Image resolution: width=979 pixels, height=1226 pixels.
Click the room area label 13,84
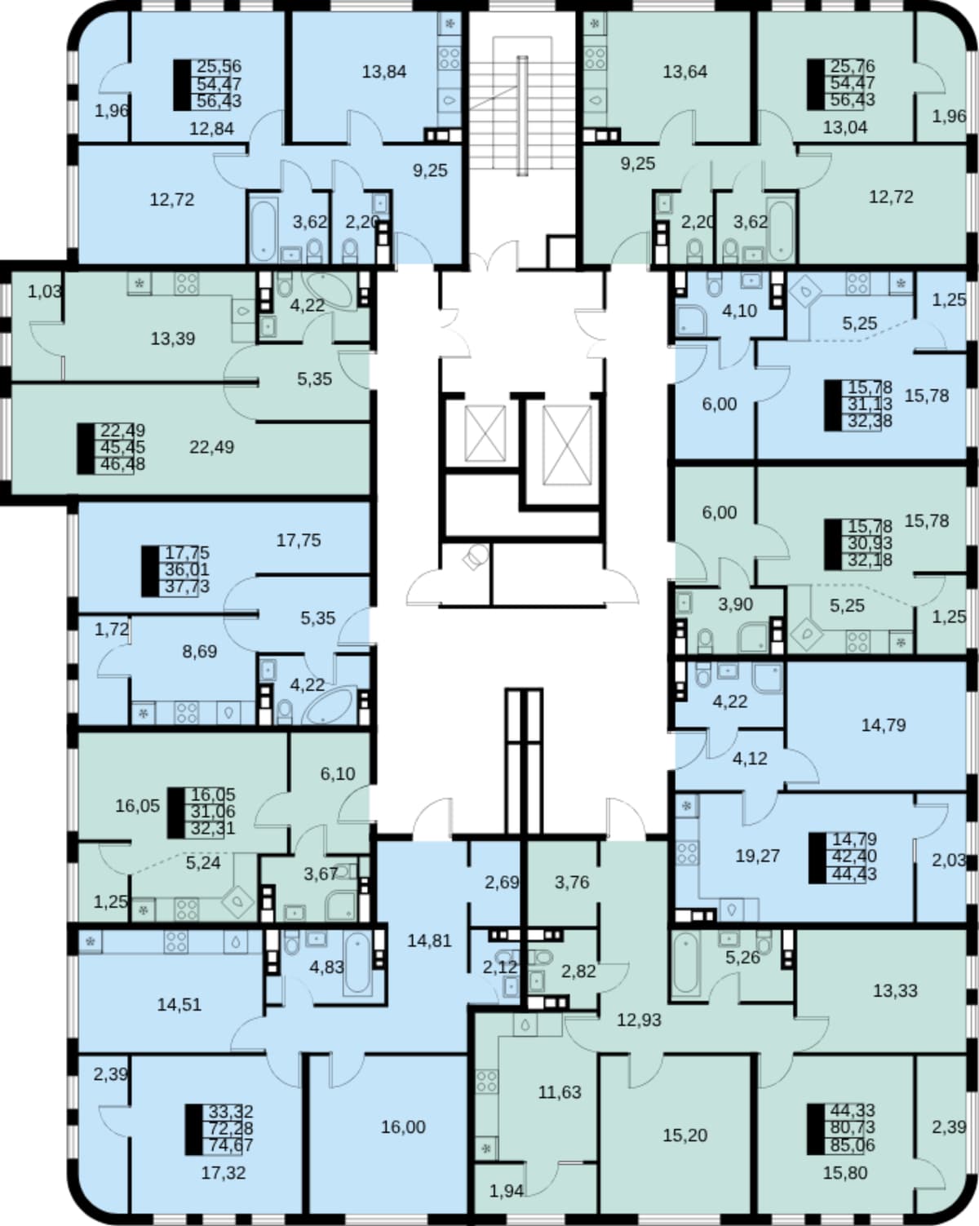[x=384, y=73]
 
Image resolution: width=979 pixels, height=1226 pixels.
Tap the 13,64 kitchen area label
[x=685, y=73]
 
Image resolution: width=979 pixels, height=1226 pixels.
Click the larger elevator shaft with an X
[x=566, y=445]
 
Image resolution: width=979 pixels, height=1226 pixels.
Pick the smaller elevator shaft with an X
[x=485, y=433]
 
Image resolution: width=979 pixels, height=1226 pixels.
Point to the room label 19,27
[x=757, y=856]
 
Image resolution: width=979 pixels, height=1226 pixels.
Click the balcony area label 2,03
[x=949, y=861]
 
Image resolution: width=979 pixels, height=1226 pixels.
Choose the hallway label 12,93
[x=639, y=1020]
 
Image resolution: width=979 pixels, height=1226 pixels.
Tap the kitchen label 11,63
[x=560, y=1092]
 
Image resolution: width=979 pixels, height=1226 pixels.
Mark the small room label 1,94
[x=507, y=1191]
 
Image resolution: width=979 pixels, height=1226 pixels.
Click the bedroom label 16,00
[x=403, y=1126]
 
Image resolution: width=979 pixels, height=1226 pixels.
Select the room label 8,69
[x=199, y=651]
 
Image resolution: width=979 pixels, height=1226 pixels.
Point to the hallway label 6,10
[x=338, y=773]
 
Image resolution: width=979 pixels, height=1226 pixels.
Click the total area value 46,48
[x=122, y=464]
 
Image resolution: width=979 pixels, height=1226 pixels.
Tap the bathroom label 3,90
[x=736, y=604]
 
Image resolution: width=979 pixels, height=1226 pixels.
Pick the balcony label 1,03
[x=45, y=292]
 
